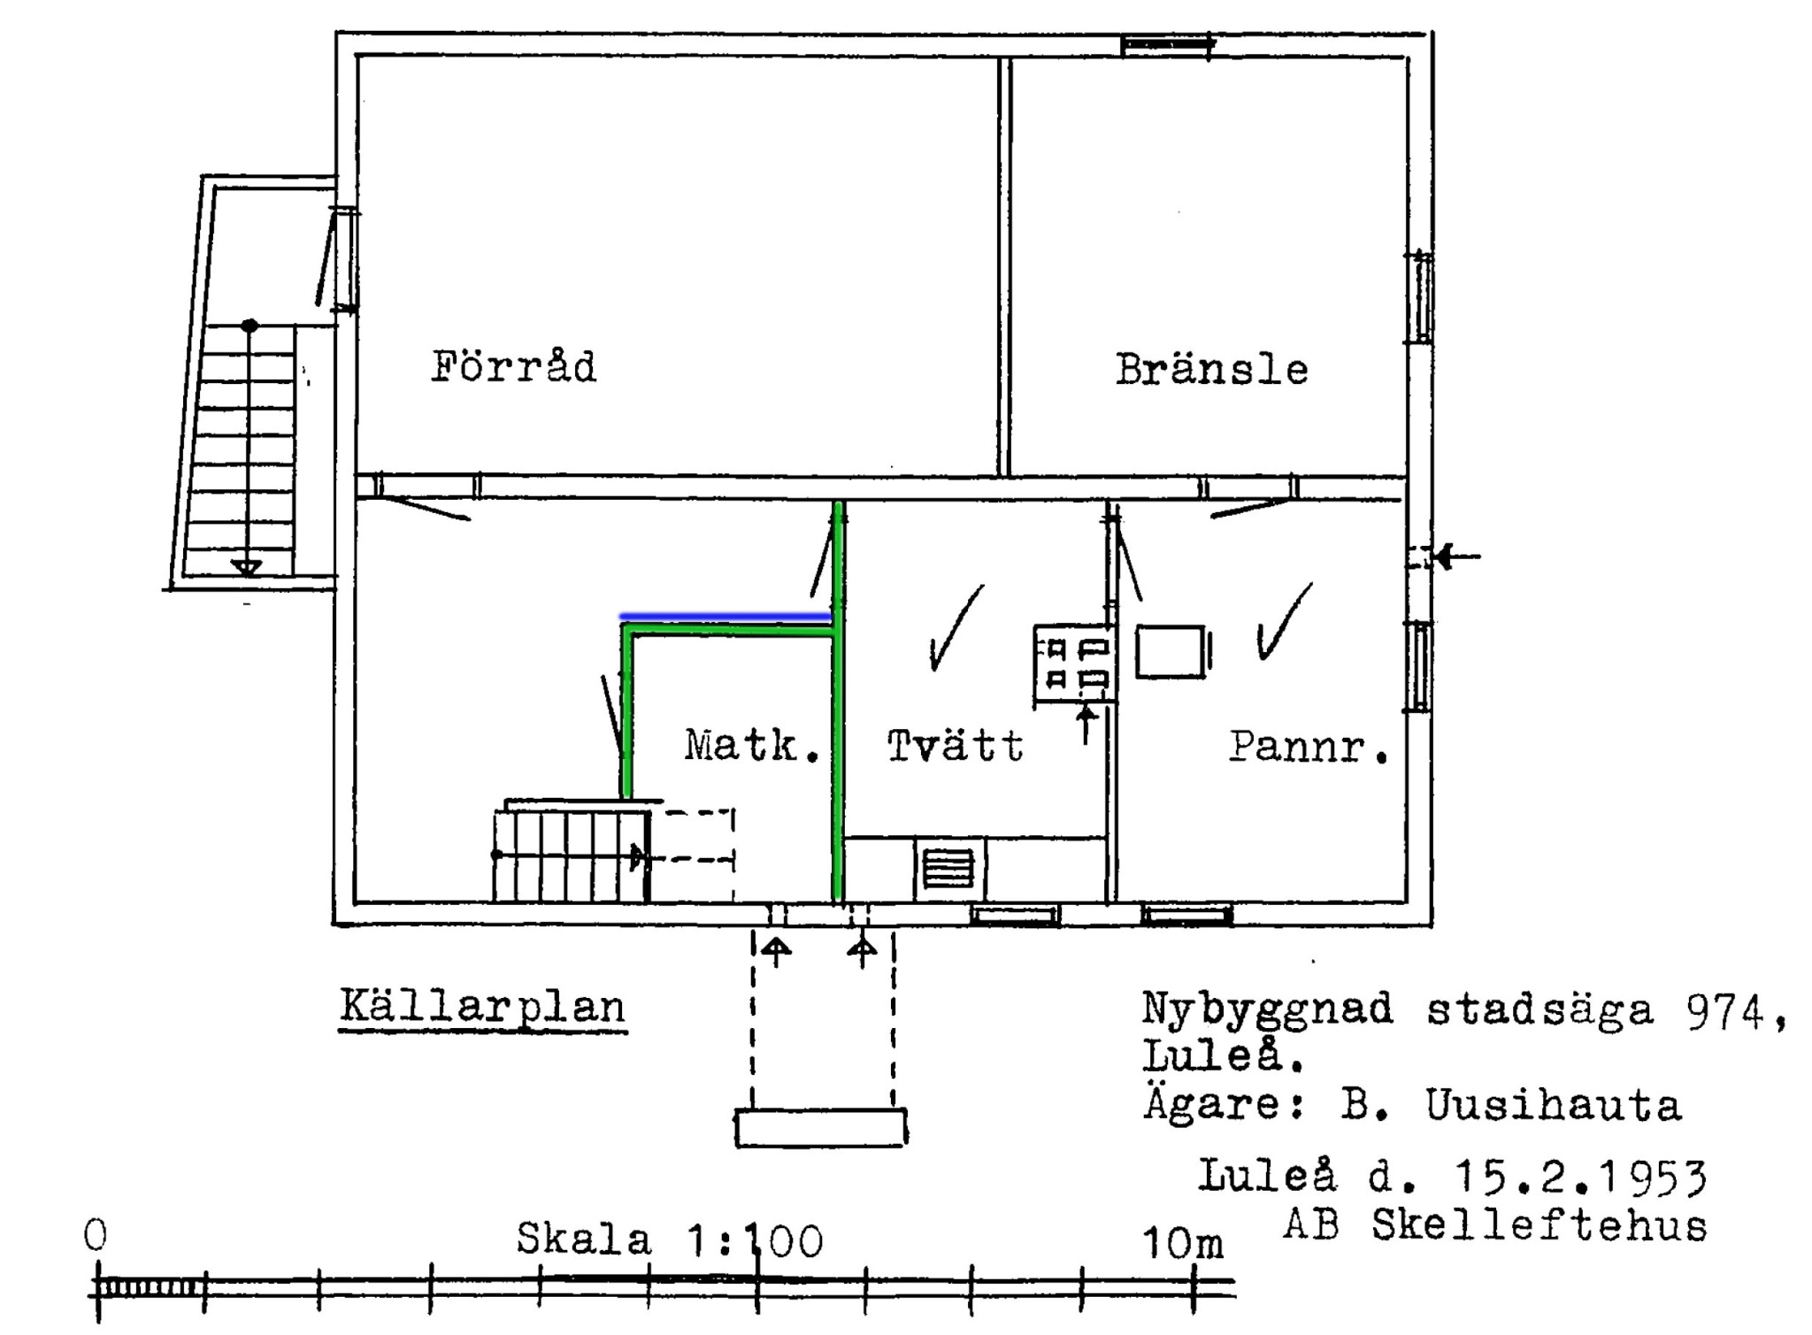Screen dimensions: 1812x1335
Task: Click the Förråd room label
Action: pyautogui.click(x=514, y=366)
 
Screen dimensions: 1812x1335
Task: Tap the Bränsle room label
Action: pyautogui.click(x=1211, y=369)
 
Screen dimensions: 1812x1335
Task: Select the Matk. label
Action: pyautogui.click(x=752, y=746)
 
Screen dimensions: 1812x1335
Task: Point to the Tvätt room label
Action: pyautogui.click(x=956, y=746)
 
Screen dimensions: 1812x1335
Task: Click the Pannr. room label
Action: pyautogui.click(x=1309, y=748)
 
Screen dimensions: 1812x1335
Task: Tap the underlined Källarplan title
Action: pyautogui.click(x=483, y=1008)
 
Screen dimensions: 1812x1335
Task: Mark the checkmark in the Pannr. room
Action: pyautogui.click(x=1283, y=621)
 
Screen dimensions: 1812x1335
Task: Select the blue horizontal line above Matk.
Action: pyautogui.click(x=726, y=616)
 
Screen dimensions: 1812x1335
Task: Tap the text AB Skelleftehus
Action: pyautogui.click(x=1494, y=1225)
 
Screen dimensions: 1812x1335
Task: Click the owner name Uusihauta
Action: pyautogui.click(x=1554, y=1105)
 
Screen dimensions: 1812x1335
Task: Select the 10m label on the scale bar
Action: pyautogui.click(x=1183, y=1243)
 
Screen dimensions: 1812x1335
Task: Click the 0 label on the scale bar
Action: pyautogui.click(x=96, y=1234)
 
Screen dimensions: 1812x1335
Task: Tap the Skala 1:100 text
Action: pyautogui.click(x=670, y=1239)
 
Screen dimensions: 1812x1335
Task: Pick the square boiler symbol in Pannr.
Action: pyautogui.click(x=1171, y=651)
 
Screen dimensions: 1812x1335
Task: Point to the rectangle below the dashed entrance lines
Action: pyautogui.click(x=821, y=1128)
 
